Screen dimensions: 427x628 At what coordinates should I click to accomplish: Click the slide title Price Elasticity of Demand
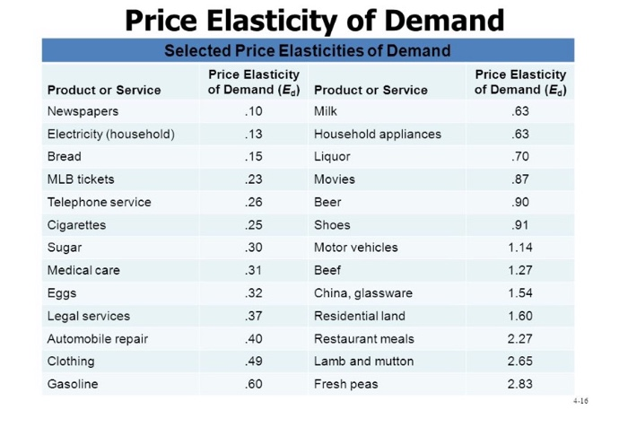click(314, 19)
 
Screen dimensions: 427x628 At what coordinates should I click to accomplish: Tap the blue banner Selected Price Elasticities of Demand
click(307, 50)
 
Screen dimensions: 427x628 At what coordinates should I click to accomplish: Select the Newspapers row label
click(83, 111)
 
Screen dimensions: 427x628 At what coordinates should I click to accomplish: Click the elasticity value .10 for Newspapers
click(253, 111)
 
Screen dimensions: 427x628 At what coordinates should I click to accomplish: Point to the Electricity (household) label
click(110, 134)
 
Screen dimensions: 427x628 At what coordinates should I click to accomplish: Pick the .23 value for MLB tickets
click(253, 179)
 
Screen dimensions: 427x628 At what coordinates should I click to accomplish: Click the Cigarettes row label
click(76, 225)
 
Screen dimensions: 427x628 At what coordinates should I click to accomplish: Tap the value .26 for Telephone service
click(253, 202)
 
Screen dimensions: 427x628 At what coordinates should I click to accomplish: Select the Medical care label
click(83, 270)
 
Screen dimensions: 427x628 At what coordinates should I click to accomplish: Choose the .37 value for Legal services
click(253, 316)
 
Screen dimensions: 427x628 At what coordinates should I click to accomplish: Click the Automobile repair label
click(98, 338)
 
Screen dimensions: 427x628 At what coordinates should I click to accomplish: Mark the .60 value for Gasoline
click(253, 384)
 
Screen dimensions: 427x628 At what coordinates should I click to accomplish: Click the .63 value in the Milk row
click(520, 111)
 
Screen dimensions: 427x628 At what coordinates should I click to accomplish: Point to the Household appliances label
click(378, 134)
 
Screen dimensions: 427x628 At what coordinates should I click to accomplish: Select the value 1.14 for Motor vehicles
click(520, 248)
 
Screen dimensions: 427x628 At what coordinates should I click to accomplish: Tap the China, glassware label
click(363, 293)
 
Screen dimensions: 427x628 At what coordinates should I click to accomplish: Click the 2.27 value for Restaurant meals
click(520, 338)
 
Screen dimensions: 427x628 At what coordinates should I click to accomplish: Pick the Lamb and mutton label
click(364, 361)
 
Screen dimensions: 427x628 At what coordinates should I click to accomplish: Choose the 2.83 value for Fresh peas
click(520, 384)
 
